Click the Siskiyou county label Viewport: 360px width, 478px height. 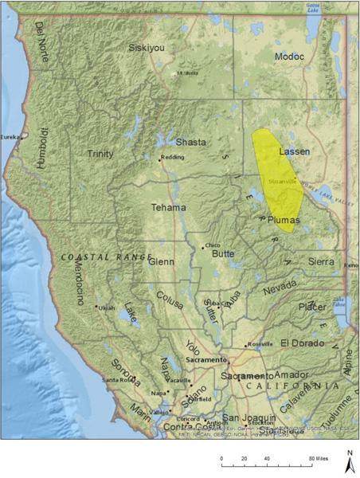tap(147, 48)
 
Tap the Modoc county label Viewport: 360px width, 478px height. tap(290, 57)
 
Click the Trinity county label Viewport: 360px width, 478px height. tap(100, 154)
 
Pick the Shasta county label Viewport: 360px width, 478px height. tap(190, 142)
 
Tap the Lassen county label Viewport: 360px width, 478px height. tap(295, 151)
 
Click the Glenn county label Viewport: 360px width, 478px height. tap(161, 261)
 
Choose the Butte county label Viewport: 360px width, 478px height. tap(223, 254)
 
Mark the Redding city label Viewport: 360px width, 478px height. tap(173, 157)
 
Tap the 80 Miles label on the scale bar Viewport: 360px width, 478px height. tap(321, 460)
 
